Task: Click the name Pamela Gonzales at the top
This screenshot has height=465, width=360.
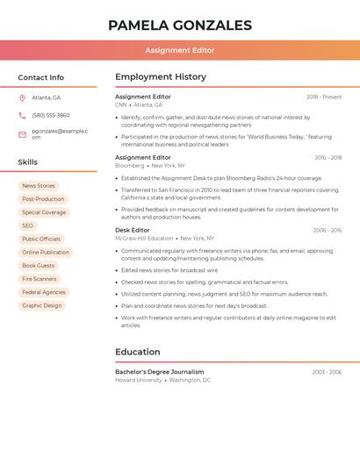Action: click(180, 25)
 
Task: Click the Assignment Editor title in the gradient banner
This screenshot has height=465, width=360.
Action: click(180, 51)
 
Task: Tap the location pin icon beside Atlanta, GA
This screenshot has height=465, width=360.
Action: click(22, 98)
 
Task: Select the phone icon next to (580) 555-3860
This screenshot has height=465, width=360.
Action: click(22, 116)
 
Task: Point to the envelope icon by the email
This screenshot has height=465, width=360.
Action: click(22, 134)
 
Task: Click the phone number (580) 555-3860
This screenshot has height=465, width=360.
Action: click(51, 116)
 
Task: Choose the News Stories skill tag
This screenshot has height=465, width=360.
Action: click(39, 186)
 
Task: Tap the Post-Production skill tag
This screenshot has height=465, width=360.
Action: click(43, 199)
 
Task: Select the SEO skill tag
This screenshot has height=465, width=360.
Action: click(28, 225)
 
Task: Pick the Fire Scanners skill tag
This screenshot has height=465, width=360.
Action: click(40, 279)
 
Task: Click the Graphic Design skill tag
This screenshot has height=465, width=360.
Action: click(42, 305)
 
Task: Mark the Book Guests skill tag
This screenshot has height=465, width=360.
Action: click(39, 266)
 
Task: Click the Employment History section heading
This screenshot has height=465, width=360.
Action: click(161, 77)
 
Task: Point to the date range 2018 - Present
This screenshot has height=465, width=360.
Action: click(324, 97)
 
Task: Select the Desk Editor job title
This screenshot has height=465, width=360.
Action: click(133, 231)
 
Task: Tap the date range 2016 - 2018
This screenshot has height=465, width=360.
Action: click(328, 158)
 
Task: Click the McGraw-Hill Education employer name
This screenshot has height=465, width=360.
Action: click(144, 239)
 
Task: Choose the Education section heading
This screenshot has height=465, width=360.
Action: click(138, 352)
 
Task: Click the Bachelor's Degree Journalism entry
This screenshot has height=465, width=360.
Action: click(159, 372)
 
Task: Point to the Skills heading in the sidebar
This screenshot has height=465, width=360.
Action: click(28, 162)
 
